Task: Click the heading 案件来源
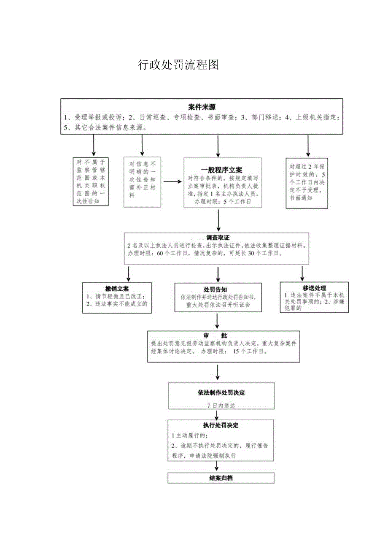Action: click(202, 107)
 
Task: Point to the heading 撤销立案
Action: click(117, 289)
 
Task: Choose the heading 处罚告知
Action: click(216, 289)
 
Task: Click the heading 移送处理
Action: click(314, 288)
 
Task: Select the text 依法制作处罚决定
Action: click(221, 392)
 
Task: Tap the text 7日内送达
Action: click(221, 405)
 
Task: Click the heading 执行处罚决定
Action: click(221, 425)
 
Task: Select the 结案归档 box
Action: click(221, 478)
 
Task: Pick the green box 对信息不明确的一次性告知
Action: click(142, 182)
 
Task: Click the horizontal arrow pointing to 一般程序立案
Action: click(172, 182)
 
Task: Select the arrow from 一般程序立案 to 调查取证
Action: click(218, 220)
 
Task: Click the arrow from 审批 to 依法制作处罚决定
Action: click(217, 371)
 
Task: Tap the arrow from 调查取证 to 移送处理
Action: click(302, 273)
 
